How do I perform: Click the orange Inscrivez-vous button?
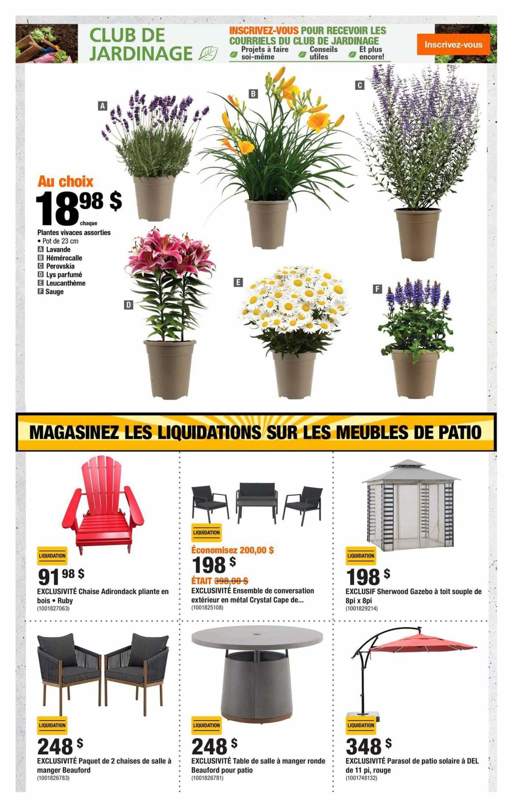(x=453, y=44)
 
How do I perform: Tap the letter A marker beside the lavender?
(x=102, y=106)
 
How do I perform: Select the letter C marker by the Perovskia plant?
(x=359, y=85)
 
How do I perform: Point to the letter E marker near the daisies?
(x=238, y=282)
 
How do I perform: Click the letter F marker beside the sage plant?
(x=377, y=289)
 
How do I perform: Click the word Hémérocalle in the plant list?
(x=64, y=258)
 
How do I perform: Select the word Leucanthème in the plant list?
(x=65, y=283)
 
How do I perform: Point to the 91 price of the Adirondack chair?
(x=48, y=577)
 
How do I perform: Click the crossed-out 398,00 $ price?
(x=231, y=581)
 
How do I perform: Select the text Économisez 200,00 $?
(x=232, y=550)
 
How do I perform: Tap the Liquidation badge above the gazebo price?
(x=361, y=556)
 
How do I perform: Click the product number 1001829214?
(x=361, y=608)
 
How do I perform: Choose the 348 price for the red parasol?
(x=363, y=747)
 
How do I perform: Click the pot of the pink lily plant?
(x=170, y=369)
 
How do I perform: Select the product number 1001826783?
(x=53, y=778)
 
